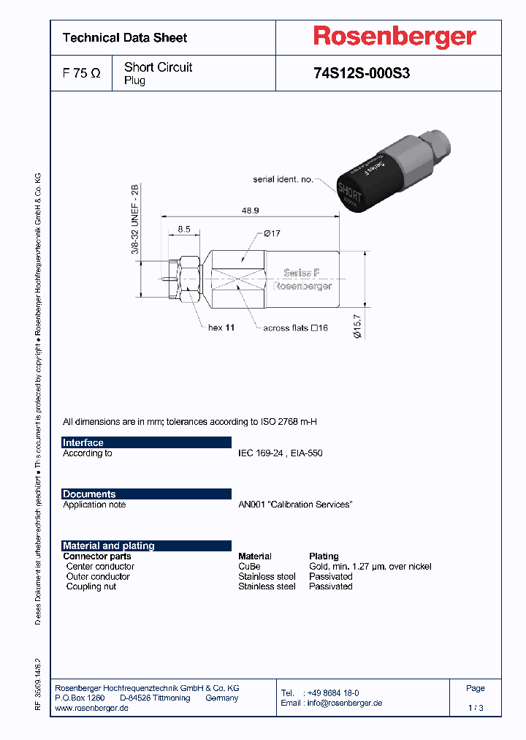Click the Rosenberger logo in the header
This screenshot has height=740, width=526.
tap(394, 37)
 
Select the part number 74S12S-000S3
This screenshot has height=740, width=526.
tap(361, 73)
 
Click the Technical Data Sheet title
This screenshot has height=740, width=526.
tap(125, 38)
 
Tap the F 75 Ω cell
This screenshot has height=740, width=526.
tap(81, 73)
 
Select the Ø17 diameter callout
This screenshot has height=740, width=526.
tap(272, 233)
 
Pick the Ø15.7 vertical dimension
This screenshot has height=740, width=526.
tap(358, 322)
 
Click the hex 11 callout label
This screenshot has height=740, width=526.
tap(221, 328)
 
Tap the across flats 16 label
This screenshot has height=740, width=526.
tap(295, 328)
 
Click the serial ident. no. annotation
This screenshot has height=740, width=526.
tap(283, 178)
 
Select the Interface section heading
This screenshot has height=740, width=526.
tap(83, 442)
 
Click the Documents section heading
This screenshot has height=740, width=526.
tap(89, 494)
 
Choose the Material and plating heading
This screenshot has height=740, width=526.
tap(109, 545)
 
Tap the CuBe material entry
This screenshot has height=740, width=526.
tap(248, 566)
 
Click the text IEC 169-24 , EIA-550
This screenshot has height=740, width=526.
tap(280, 453)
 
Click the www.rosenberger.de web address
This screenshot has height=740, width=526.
tap(92, 709)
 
